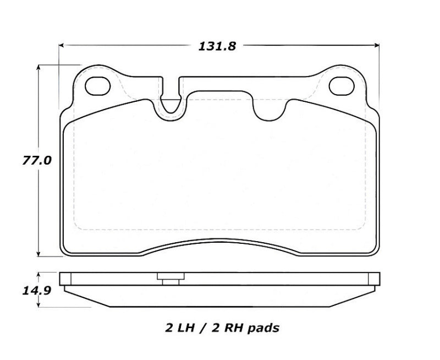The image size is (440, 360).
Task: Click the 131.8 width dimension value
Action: (217, 46)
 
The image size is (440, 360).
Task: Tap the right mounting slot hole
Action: (341, 85)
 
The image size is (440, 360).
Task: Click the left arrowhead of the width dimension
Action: (62, 46)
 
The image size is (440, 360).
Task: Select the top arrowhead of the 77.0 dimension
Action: (38, 68)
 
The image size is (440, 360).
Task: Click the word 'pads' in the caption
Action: (265, 329)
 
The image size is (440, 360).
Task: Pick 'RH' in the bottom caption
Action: (235, 329)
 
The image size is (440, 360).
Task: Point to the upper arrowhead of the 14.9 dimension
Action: (38, 274)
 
